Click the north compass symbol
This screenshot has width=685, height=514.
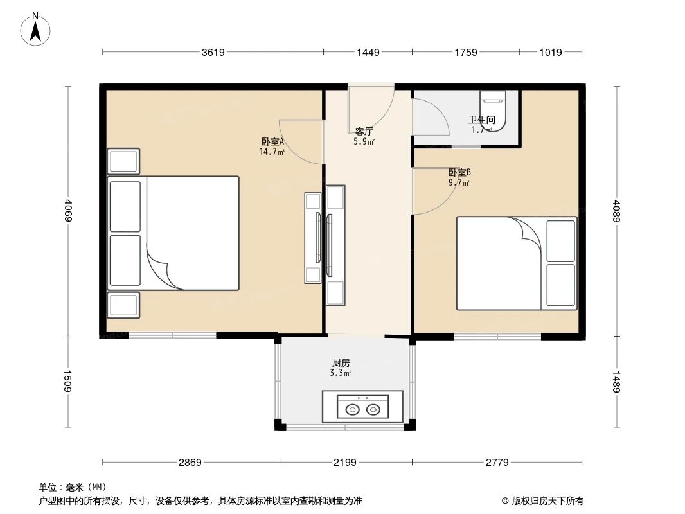[36, 30]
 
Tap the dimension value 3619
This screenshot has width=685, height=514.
[213, 53]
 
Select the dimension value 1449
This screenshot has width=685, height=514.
[368, 53]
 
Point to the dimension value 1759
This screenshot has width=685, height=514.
[465, 53]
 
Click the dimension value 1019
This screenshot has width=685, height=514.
[551, 53]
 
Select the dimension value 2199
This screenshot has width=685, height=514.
[345, 462]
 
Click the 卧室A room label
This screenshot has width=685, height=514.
[272, 142]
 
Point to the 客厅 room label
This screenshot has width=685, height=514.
[364, 131]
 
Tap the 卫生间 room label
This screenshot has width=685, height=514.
[481, 120]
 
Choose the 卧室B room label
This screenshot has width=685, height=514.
[459, 172]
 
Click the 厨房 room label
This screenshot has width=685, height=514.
[341, 362]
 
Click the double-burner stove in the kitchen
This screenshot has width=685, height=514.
[363, 408]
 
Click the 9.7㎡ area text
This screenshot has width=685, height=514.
[459, 182]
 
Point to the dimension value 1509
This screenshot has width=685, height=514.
[68, 381]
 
